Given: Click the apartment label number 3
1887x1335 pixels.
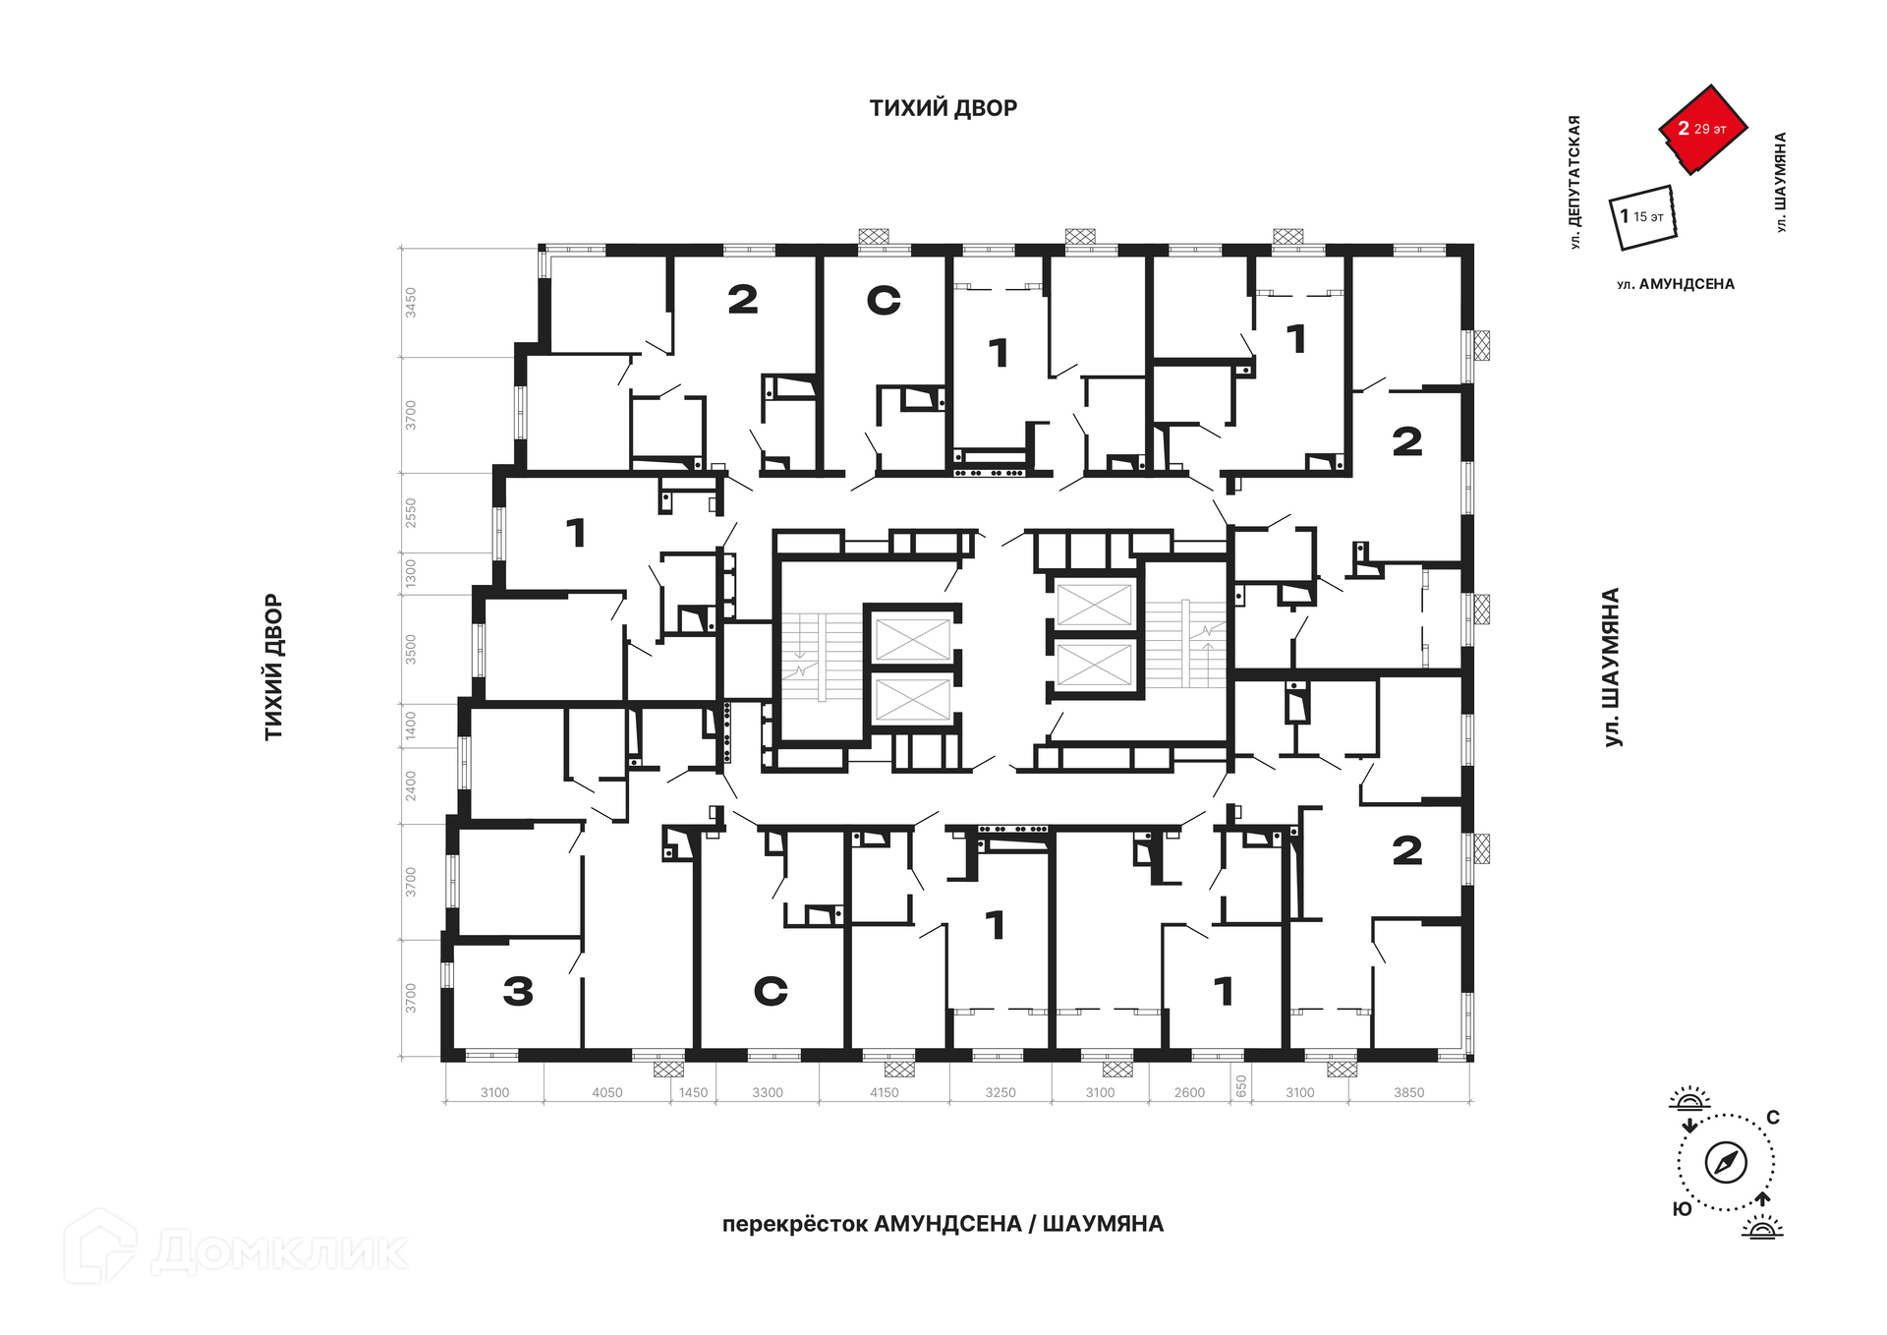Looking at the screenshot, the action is click(518, 991).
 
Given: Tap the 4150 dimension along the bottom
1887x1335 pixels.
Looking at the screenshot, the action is click(884, 1092).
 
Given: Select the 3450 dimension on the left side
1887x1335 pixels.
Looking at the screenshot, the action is click(411, 302).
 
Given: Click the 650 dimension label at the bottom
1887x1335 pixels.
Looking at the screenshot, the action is click(1241, 1086).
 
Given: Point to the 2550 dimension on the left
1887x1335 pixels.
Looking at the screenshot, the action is click(411, 513).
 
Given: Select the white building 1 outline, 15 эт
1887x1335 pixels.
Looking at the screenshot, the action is click(1642, 217).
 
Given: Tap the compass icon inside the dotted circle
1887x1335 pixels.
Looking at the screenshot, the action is click(1726, 1163).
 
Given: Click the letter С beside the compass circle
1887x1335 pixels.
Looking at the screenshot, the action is click(1773, 1118).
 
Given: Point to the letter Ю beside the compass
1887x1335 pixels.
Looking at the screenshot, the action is click(1683, 1209).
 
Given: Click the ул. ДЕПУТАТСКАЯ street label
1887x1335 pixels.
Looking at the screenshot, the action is click(1574, 182).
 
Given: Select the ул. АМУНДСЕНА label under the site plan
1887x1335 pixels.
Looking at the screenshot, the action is click(1676, 284).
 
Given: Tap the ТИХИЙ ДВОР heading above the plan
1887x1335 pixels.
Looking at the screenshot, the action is click(943, 108).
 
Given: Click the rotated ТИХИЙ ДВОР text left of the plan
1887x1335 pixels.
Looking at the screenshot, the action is click(273, 667).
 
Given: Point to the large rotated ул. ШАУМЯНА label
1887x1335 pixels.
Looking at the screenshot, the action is click(1612, 667).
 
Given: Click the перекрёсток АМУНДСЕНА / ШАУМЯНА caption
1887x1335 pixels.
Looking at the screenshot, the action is click(943, 1224).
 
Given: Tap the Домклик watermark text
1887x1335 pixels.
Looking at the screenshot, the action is click(279, 1251).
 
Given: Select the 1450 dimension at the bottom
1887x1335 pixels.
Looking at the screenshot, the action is click(693, 1092).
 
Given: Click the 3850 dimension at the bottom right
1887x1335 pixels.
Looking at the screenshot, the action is click(1408, 1092).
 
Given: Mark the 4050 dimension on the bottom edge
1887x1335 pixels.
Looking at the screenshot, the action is click(606, 1092).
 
